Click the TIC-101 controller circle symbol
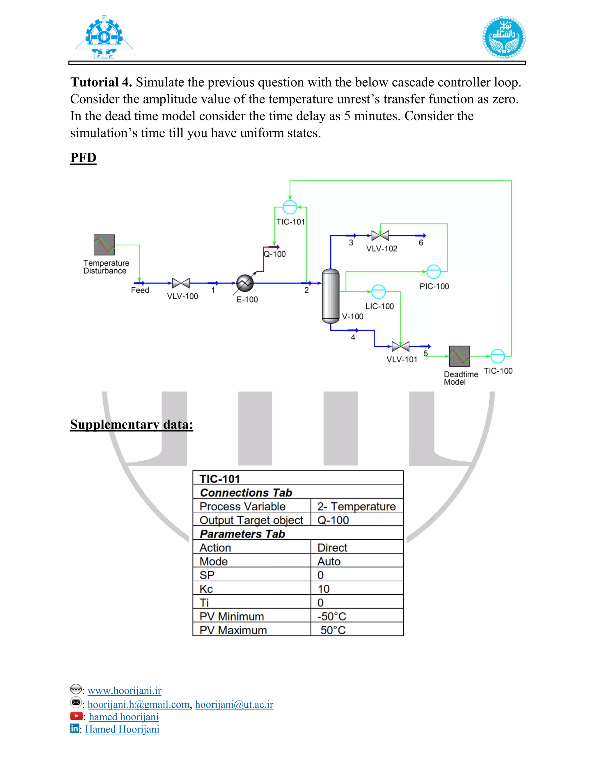(x=290, y=207)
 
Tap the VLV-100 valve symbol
(x=181, y=283)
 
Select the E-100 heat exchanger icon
(x=245, y=283)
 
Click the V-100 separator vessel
(x=331, y=296)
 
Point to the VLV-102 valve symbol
(x=380, y=236)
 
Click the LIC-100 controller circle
(x=379, y=291)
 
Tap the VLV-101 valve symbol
(x=401, y=347)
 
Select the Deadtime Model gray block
(x=459, y=356)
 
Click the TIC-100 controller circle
(x=497, y=356)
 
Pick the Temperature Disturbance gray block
(x=104, y=245)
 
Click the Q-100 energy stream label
(x=275, y=254)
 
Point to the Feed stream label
(x=140, y=291)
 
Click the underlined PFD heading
(x=83, y=157)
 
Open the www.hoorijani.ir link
(x=124, y=691)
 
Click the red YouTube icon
(x=76, y=716)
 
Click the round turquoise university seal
(x=504, y=37)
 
